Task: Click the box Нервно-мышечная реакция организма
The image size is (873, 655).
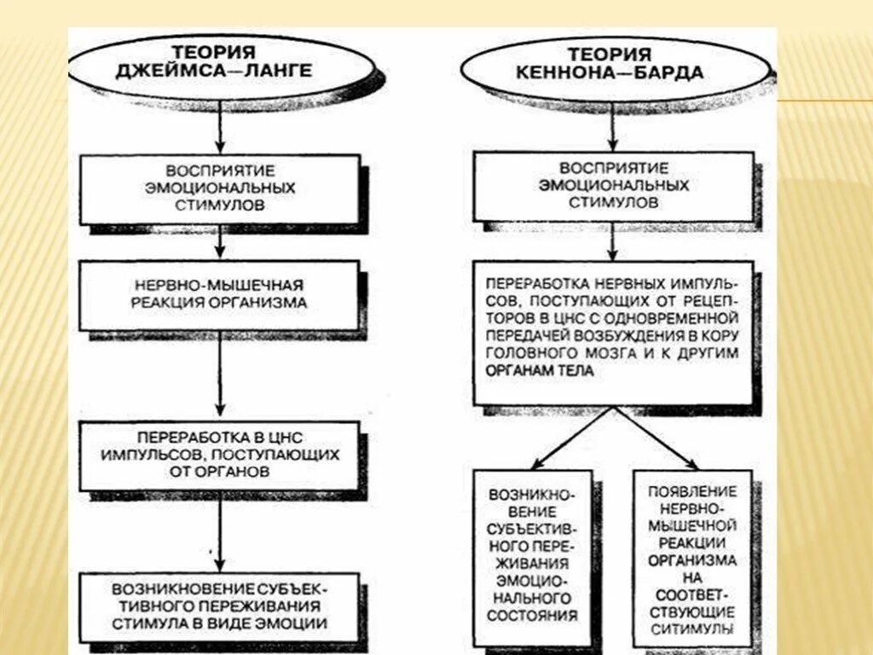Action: (220, 293)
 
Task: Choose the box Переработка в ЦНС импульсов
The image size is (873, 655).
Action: (220, 454)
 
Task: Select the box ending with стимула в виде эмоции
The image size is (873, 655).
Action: (220, 606)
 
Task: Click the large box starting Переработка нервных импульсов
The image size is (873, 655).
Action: (613, 332)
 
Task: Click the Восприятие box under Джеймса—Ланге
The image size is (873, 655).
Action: (220, 188)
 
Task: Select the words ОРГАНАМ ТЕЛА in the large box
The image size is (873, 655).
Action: (539, 372)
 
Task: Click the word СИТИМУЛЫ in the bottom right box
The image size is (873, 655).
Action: (692, 629)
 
